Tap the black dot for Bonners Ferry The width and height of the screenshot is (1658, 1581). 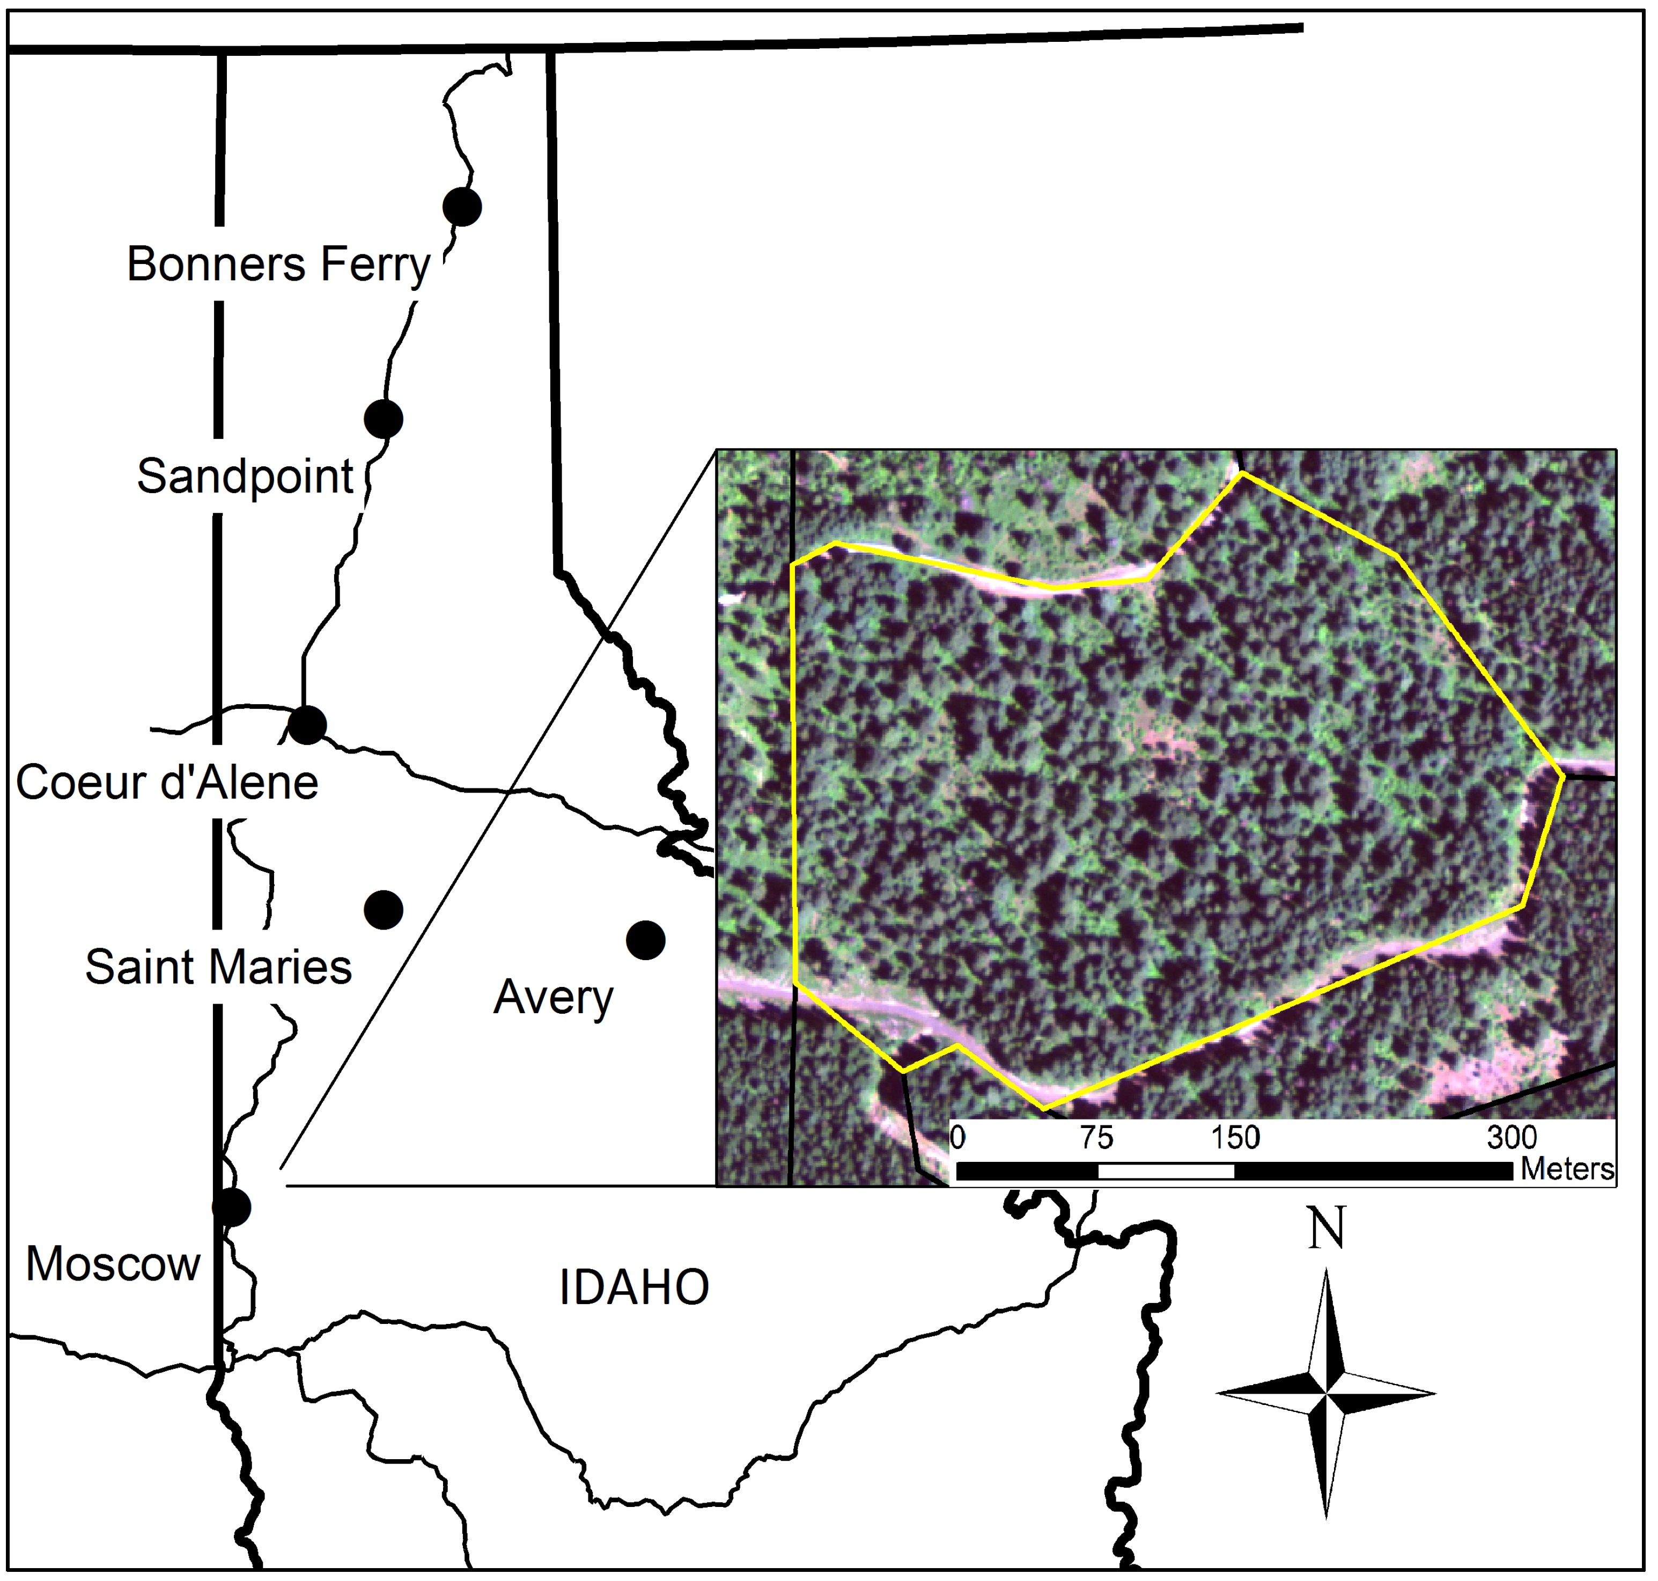click(462, 207)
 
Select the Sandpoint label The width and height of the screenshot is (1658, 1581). click(245, 477)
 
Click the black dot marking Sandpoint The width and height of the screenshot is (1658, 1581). click(384, 419)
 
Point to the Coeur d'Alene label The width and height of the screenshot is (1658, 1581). click(167, 783)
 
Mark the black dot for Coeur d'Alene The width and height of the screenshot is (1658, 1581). click(307, 725)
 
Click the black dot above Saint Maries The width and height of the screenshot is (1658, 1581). click(384, 909)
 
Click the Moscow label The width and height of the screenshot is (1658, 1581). click(113, 1264)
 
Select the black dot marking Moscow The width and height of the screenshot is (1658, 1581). click(232, 1207)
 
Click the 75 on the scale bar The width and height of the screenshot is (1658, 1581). click(1097, 1139)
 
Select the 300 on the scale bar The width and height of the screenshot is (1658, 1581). click(1512, 1139)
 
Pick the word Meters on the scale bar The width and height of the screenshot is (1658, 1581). click(1567, 1170)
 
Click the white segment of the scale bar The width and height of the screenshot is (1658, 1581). click(1166, 1172)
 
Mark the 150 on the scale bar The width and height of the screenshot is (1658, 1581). click(1235, 1139)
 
